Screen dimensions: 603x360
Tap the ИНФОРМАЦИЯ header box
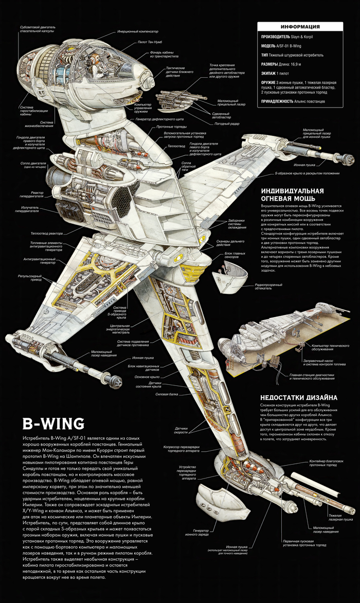point(301,27)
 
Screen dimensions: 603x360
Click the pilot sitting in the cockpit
point(93,61)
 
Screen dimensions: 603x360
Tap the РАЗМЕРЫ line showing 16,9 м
point(288,64)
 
